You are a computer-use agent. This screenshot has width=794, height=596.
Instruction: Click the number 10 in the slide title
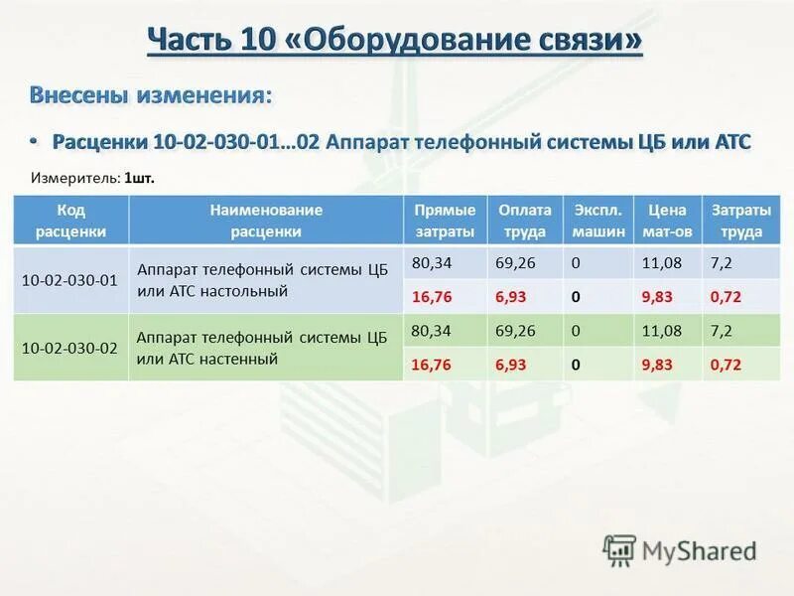coord(251,41)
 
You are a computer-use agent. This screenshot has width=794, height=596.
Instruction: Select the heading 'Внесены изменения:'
coord(150,95)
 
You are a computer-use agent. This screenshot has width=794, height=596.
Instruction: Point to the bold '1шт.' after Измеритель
coord(140,178)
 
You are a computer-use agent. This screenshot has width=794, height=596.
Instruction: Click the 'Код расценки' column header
coord(71,221)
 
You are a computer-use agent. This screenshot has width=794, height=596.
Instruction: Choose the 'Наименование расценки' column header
coord(265,221)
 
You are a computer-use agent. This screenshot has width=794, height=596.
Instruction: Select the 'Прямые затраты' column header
coord(445,221)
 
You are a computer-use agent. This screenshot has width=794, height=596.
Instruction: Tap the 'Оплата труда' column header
coord(525,221)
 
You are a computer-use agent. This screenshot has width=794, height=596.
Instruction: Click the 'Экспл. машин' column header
coord(598,221)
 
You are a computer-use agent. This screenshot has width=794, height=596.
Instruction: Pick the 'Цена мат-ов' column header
coord(667,221)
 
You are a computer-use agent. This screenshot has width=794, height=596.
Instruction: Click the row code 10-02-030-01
coord(69,280)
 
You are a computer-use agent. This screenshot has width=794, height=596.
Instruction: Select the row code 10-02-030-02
coord(69,347)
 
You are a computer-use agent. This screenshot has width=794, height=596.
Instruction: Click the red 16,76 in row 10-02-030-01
coord(430,298)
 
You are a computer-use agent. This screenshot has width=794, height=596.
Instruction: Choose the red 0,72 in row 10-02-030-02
coord(726,365)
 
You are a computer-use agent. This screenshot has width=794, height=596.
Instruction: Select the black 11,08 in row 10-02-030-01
coord(660,263)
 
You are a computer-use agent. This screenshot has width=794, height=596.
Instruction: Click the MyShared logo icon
coord(618,549)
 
